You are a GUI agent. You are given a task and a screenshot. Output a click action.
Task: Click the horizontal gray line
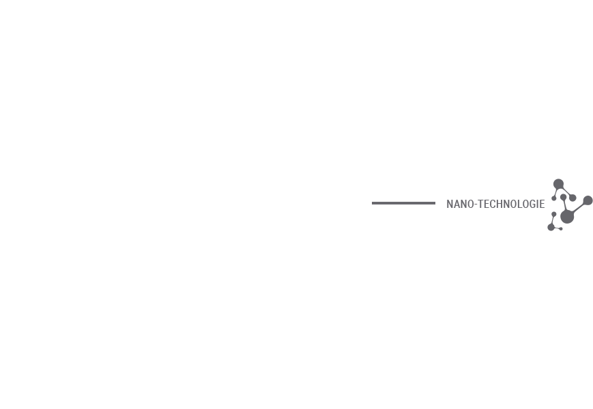(x=403, y=203)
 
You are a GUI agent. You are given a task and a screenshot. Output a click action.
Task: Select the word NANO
(x=460, y=204)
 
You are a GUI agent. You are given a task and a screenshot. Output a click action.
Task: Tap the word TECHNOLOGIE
(x=511, y=204)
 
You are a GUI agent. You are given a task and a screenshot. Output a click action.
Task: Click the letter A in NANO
(x=457, y=204)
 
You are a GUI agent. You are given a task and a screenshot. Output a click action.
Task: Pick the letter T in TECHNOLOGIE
(x=481, y=204)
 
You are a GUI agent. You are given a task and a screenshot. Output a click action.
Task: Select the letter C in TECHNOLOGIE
(x=493, y=204)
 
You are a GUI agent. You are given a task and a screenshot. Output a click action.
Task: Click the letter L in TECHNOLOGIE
(x=521, y=204)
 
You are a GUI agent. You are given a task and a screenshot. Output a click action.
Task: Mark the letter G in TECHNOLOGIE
(x=533, y=204)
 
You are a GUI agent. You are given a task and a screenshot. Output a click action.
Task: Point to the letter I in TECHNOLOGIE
(x=538, y=204)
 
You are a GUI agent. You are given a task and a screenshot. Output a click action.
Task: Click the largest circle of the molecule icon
(x=567, y=217)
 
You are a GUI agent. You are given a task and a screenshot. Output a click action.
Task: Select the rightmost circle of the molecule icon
(x=588, y=200)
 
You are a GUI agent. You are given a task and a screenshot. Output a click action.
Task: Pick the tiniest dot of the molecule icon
(x=561, y=228)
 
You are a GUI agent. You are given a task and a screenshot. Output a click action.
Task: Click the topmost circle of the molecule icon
(x=559, y=184)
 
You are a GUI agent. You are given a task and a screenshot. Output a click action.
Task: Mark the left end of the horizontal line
(x=372, y=203)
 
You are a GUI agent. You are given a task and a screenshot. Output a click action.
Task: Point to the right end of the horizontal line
(x=435, y=203)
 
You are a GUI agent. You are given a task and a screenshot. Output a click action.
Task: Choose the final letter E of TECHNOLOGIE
(x=543, y=204)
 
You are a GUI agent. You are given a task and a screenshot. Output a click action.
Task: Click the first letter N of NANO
(x=450, y=204)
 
